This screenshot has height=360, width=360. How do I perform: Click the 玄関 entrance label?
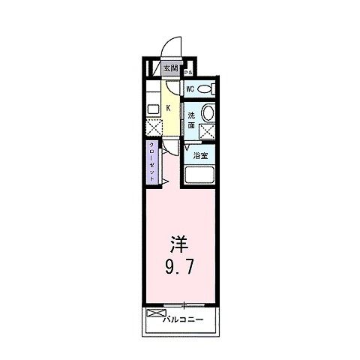171,68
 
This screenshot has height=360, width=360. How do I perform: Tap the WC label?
191,88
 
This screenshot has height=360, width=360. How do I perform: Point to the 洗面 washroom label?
192,120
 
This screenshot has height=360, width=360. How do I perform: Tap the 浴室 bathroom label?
199,156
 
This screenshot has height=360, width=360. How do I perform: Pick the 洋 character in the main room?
178,244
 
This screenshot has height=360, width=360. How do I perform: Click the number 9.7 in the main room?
178,265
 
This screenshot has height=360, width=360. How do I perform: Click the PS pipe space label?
189,73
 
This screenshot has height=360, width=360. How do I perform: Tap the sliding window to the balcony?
184,304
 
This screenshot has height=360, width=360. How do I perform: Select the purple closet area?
152,161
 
